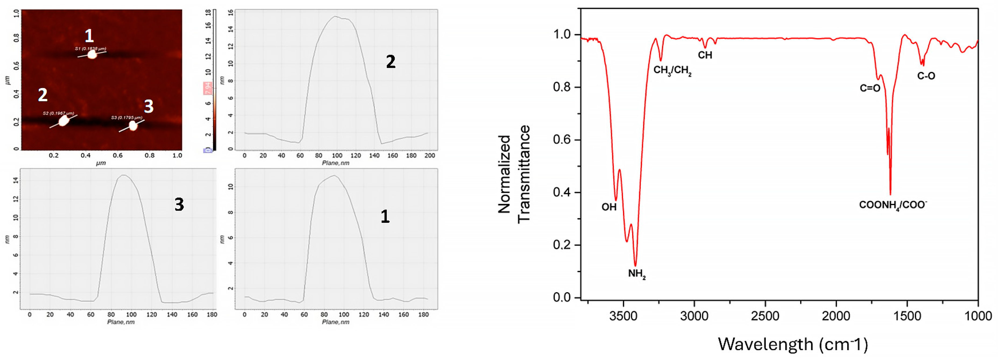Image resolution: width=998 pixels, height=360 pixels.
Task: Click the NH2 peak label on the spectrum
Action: click(636, 274)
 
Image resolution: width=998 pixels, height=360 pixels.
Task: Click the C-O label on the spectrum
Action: click(926, 76)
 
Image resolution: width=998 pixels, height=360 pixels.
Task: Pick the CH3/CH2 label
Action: click(672, 70)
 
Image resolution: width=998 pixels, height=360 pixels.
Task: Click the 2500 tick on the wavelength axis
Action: click(765, 316)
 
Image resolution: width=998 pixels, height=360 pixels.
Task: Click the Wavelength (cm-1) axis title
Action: click(793, 344)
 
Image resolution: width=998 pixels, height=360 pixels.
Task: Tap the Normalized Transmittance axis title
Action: click(514, 174)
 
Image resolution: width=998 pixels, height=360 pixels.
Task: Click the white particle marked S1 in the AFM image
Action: click(92, 55)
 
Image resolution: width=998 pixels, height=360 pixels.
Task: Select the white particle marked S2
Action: click(63, 121)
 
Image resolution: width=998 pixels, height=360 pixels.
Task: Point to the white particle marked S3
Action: click(133, 126)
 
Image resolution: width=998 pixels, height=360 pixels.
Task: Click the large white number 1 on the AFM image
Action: click(89, 36)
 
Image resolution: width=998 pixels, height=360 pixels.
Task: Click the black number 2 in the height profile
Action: click(391, 62)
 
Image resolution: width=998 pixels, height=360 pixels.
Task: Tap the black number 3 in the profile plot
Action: click(179, 204)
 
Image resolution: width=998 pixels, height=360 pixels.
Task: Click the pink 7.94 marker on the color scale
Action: click(208, 88)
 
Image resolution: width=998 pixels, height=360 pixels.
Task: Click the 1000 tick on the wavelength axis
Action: click(978, 316)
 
